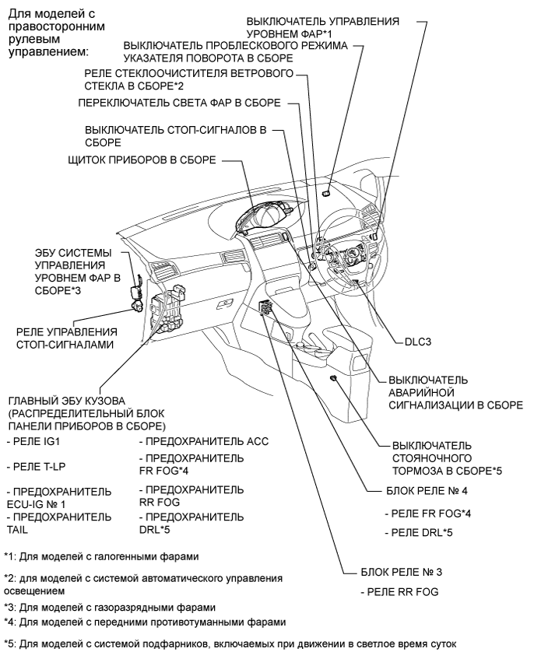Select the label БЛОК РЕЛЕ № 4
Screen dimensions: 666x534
pyautogui.click(x=424, y=492)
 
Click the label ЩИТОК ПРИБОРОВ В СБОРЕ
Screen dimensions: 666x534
pyautogui.click(x=140, y=160)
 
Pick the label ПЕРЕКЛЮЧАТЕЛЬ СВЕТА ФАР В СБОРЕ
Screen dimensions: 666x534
pyautogui.click(x=178, y=102)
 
